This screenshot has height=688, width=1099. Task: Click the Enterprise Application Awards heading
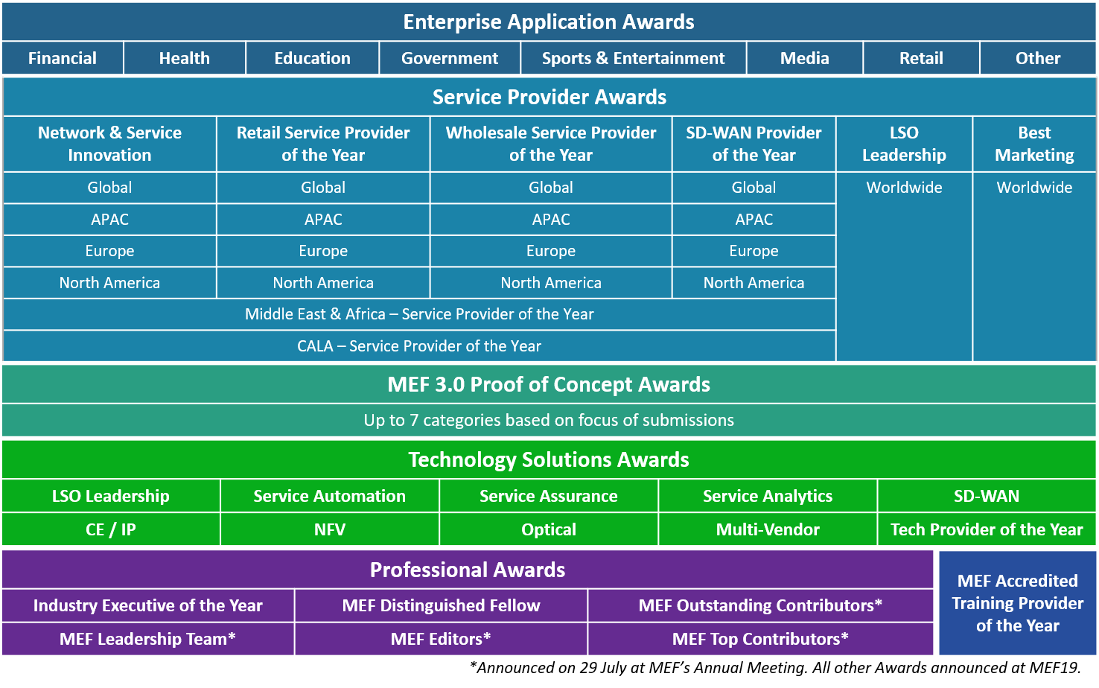click(x=549, y=22)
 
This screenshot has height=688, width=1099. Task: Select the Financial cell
click(x=63, y=58)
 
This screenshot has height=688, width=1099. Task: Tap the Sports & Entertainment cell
click(x=633, y=58)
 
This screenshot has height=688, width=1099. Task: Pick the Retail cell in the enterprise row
click(x=921, y=58)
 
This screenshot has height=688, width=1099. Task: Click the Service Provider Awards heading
click(x=549, y=97)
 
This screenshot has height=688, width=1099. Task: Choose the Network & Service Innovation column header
click(x=109, y=144)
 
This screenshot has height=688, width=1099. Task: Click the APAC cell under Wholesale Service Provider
click(x=550, y=219)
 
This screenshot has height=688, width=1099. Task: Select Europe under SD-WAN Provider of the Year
click(x=754, y=251)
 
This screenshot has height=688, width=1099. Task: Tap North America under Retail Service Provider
click(x=323, y=283)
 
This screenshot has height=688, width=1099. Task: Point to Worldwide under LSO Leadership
click(x=904, y=188)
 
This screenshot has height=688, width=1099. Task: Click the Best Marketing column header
click(x=1034, y=144)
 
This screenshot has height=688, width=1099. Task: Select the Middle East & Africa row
click(x=419, y=314)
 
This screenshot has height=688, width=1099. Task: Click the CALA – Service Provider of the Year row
click(x=419, y=346)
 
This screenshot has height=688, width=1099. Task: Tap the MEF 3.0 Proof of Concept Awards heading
click(x=549, y=384)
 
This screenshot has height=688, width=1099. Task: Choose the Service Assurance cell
click(x=548, y=496)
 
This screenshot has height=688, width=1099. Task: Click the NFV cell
click(x=329, y=529)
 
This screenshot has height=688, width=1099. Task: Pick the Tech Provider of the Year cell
click(x=986, y=529)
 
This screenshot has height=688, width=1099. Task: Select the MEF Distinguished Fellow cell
click(x=441, y=605)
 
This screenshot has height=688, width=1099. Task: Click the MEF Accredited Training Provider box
click(x=1018, y=603)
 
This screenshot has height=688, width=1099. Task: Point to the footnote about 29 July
click(x=775, y=668)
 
